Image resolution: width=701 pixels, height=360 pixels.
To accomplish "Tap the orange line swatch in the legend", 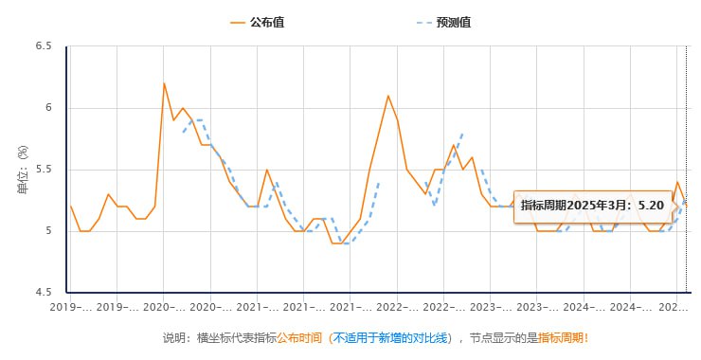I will click(x=237, y=22).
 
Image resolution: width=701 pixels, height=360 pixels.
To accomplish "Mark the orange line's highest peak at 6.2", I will click(x=164, y=83).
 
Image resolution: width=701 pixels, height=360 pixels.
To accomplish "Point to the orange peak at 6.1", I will click(x=388, y=96).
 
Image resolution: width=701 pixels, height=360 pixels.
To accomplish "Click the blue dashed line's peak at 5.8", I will click(x=462, y=134).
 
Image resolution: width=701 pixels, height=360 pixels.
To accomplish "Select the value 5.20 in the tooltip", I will click(x=650, y=205).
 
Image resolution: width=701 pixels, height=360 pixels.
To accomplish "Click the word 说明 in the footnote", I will click(x=174, y=337).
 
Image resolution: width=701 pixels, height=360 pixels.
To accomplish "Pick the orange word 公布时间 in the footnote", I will click(x=298, y=337).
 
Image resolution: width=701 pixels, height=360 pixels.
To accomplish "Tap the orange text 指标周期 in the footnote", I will click(x=561, y=337).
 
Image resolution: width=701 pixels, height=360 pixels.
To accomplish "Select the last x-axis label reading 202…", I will click(x=673, y=308).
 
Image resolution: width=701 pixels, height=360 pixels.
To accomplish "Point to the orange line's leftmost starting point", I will click(x=70, y=206).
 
